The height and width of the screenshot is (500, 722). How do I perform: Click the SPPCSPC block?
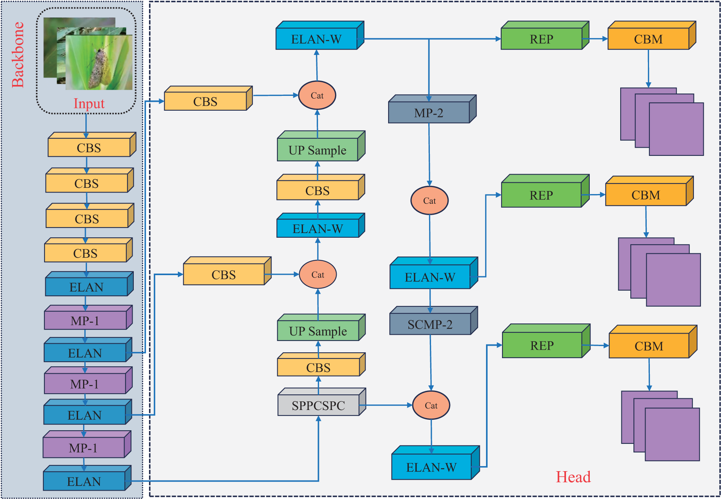tap(322, 402)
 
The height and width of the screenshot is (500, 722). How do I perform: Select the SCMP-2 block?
tap(434, 320)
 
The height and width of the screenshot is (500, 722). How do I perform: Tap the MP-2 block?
tap(432, 109)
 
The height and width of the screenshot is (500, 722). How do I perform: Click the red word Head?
tap(573, 477)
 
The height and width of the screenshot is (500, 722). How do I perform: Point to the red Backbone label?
tap(18, 55)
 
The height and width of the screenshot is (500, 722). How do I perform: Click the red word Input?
tap(89, 104)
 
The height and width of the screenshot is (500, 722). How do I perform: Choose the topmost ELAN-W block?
tap(320, 35)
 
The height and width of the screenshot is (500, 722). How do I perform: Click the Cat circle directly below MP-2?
tap(429, 200)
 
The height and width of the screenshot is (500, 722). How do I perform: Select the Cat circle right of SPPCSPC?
tap(431, 405)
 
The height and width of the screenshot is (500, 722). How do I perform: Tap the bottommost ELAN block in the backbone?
tap(87, 478)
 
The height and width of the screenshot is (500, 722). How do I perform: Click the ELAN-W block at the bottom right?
tap(436, 463)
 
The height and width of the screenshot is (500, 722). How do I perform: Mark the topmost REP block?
tap(545, 35)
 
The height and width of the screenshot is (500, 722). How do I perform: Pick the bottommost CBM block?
tap(653, 341)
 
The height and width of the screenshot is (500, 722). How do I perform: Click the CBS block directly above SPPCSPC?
tap(321, 364)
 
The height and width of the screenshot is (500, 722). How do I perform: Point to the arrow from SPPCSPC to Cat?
tap(386, 405)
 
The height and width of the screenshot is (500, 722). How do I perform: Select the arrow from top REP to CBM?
tap(595, 39)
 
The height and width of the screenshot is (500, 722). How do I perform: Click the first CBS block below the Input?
tap(92, 145)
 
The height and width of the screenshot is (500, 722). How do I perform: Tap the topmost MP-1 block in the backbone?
tap(88, 317)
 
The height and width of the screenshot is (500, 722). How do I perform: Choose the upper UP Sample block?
tap(321, 146)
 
